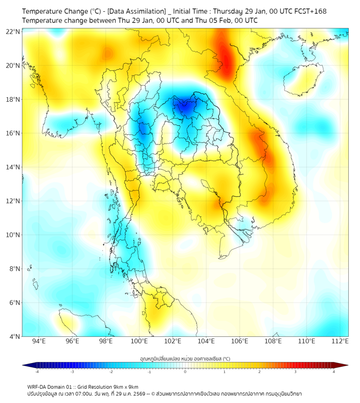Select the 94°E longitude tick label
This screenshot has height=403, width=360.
click(x=38, y=341)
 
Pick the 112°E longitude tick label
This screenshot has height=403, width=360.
click(x=340, y=341)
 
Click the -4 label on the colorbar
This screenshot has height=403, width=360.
click(x=37, y=372)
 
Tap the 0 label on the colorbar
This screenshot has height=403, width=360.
click(x=185, y=372)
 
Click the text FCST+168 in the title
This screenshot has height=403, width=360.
click(x=308, y=11)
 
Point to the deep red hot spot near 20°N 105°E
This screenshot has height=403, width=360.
click(x=224, y=59)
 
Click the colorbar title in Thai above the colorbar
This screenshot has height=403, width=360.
click(x=185, y=358)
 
